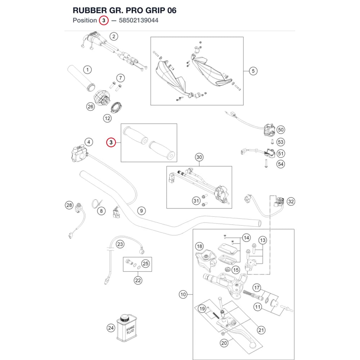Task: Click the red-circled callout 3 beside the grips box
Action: (x=111, y=143)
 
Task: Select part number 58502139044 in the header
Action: (x=139, y=21)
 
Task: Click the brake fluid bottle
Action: (x=127, y=328)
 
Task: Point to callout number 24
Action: (x=111, y=328)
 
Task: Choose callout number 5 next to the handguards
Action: (x=253, y=71)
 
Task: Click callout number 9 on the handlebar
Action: (x=141, y=211)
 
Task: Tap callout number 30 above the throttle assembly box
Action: (x=199, y=157)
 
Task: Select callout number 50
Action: (x=280, y=130)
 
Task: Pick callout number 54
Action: (x=280, y=164)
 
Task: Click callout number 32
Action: (x=291, y=202)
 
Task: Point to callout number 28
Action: (x=69, y=205)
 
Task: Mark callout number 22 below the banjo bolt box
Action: (x=138, y=280)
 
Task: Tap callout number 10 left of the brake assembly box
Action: (x=183, y=294)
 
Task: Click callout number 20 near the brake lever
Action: (x=224, y=343)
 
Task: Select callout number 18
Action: (x=199, y=247)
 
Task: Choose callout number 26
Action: (x=90, y=107)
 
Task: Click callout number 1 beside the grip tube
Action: (x=87, y=69)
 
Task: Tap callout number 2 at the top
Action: (x=114, y=36)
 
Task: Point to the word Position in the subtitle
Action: (x=85, y=21)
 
